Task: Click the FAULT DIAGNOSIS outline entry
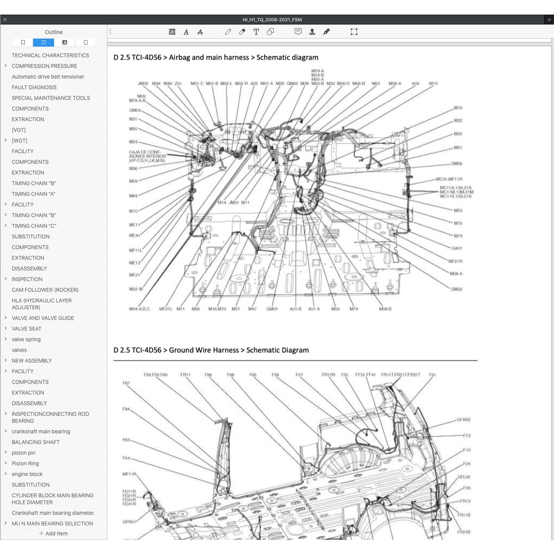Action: coord(34,87)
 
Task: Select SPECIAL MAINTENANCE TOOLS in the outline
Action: coord(51,98)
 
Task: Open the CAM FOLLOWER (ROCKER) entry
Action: coord(45,290)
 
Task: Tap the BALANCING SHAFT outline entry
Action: coord(36,442)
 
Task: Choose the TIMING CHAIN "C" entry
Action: coord(34,226)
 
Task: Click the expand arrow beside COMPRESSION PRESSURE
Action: coord(5,66)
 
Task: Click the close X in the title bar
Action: coord(5,19)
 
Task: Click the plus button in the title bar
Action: coord(549,19)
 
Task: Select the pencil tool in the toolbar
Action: coord(228,32)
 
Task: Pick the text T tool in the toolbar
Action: coord(256,32)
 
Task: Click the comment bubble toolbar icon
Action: coord(298,32)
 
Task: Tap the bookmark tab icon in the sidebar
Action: coord(23,42)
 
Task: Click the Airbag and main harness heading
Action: coord(216,57)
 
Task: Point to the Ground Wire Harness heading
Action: coord(211,350)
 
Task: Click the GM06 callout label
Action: coord(457,163)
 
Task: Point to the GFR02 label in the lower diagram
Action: coord(463,419)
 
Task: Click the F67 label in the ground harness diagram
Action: coord(126,383)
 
